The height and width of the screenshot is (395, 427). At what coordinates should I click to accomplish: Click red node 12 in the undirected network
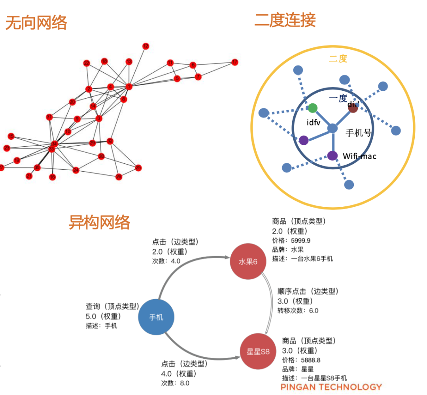pyautogui.click(x=146, y=46)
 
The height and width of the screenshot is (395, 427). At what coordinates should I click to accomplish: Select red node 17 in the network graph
pyautogui.click(x=235, y=62)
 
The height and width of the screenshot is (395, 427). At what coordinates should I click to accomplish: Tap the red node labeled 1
pyautogui.click(x=128, y=86)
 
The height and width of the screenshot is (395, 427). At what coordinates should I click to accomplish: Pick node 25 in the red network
pyautogui.click(x=138, y=168)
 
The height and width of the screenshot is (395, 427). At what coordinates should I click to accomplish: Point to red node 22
pyautogui.click(x=87, y=63)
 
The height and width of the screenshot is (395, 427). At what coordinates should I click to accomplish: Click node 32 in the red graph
pyautogui.click(x=110, y=141)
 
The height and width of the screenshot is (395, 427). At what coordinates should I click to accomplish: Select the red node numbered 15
pyautogui.click(x=11, y=136)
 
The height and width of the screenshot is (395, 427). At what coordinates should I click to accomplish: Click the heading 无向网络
pyautogui.click(x=36, y=23)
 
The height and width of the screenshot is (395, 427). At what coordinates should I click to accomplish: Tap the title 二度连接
pyautogui.click(x=285, y=20)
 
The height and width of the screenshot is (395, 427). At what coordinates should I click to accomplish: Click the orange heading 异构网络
pyautogui.click(x=99, y=223)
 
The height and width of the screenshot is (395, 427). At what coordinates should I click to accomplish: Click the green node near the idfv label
pyautogui.click(x=313, y=108)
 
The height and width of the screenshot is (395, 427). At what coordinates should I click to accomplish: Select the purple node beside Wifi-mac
pyautogui.click(x=333, y=155)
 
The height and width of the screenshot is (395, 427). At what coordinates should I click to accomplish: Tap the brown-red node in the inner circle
pyautogui.click(x=353, y=108)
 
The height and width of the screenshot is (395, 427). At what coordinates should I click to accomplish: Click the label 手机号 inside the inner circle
pyautogui.click(x=359, y=133)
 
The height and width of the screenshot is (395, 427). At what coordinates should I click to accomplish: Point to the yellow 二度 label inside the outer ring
pyautogui.click(x=338, y=59)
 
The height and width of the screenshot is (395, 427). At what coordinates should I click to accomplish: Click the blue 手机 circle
pyautogui.click(x=156, y=317)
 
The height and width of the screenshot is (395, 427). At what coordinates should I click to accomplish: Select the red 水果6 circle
pyautogui.click(x=248, y=262)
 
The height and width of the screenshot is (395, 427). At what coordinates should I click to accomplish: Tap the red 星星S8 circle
pyautogui.click(x=258, y=351)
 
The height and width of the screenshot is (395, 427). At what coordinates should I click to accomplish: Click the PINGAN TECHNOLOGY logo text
pyautogui.click(x=331, y=387)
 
